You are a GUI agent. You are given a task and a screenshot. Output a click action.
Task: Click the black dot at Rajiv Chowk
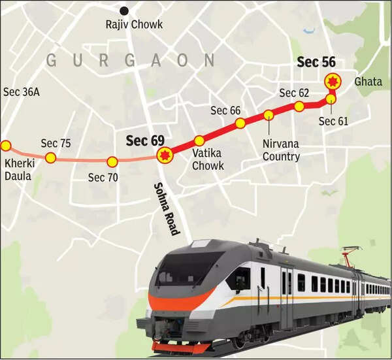click(123, 10)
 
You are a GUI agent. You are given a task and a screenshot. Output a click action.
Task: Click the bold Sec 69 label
click(144, 140)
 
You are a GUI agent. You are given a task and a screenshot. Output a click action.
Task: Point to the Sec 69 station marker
click(163, 155)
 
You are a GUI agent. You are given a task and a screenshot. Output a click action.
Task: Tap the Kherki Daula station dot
click(5, 146)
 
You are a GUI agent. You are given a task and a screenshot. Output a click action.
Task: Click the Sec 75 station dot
click(50, 157)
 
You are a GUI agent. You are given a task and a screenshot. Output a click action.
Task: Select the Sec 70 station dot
click(112, 161)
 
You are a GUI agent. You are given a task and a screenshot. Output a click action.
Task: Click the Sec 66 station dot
click(240, 123)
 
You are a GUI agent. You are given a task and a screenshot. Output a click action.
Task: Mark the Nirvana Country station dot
click(269, 116)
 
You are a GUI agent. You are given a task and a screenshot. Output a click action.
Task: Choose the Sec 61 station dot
click(331, 99)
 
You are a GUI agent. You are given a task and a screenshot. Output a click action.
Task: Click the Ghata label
click(367, 82)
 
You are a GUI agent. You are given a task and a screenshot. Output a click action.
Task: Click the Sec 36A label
click(22, 92)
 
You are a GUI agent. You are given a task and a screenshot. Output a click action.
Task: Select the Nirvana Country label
click(281, 150)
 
